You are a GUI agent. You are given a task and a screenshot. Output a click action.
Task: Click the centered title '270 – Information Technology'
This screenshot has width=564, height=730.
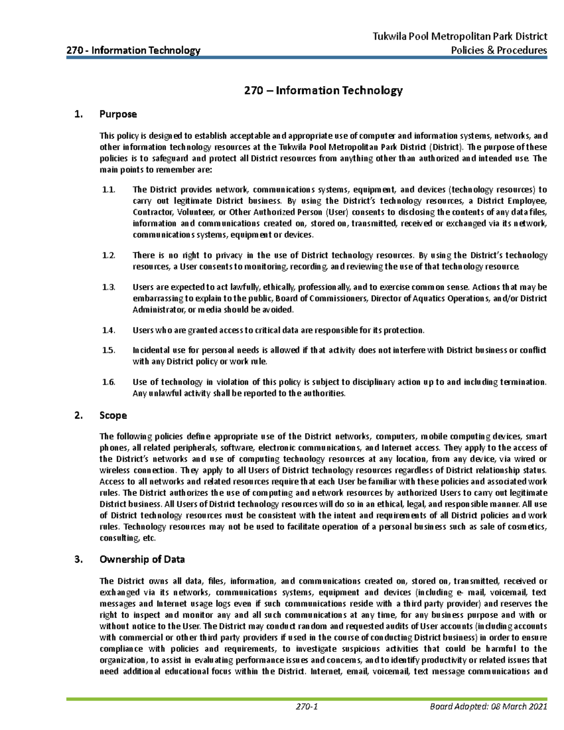point(323,90)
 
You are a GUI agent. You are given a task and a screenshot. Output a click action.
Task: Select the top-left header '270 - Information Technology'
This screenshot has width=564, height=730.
point(133,50)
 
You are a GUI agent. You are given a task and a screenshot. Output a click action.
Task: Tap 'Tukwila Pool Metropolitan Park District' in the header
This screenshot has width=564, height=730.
point(460,36)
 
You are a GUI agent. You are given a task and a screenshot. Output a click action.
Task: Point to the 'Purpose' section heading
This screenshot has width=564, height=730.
point(118,114)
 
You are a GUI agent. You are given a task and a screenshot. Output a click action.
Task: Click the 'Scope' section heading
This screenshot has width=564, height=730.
point(113,416)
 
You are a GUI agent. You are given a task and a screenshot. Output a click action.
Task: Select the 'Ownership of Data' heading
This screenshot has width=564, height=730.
point(142,559)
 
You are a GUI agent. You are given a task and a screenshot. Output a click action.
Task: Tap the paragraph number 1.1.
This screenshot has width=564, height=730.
point(109,190)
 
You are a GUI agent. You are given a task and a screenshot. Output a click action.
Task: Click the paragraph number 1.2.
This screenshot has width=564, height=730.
point(109,255)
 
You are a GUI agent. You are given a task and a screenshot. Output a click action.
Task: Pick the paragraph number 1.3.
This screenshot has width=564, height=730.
point(109,287)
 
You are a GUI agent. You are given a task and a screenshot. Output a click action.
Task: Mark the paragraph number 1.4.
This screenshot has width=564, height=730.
point(109,330)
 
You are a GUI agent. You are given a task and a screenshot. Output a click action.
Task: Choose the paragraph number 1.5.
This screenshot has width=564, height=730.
point(109,350)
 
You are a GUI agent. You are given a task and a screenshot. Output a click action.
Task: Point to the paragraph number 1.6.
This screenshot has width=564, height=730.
point(109,382)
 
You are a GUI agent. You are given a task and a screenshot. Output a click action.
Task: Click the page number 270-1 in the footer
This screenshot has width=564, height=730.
point(307,707)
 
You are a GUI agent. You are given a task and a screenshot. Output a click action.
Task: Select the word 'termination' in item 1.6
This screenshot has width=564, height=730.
point(523,382)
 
